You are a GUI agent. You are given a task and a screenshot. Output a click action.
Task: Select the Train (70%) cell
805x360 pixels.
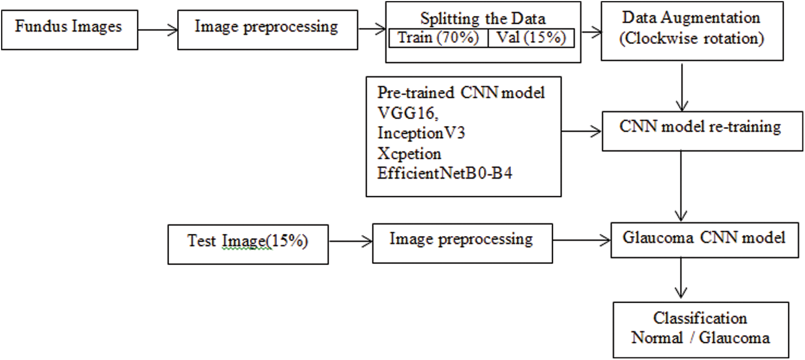tap(437, 39)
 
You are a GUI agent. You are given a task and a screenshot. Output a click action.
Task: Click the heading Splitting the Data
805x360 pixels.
tap(483, 18)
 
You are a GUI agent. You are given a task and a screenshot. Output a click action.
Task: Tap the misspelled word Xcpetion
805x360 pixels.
tap(408, 154)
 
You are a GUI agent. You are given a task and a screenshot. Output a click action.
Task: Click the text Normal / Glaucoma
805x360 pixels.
tap(700, 338)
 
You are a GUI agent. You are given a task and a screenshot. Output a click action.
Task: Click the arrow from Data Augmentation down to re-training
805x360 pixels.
tap(682, 86)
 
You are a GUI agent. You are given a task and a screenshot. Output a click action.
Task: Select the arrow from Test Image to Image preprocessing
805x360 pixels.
tap(348, 241)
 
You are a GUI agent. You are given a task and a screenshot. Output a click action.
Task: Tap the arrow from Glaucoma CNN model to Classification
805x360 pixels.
tap(680, 279)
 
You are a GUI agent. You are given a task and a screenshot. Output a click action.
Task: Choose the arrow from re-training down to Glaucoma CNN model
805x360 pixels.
tap(680, 185)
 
